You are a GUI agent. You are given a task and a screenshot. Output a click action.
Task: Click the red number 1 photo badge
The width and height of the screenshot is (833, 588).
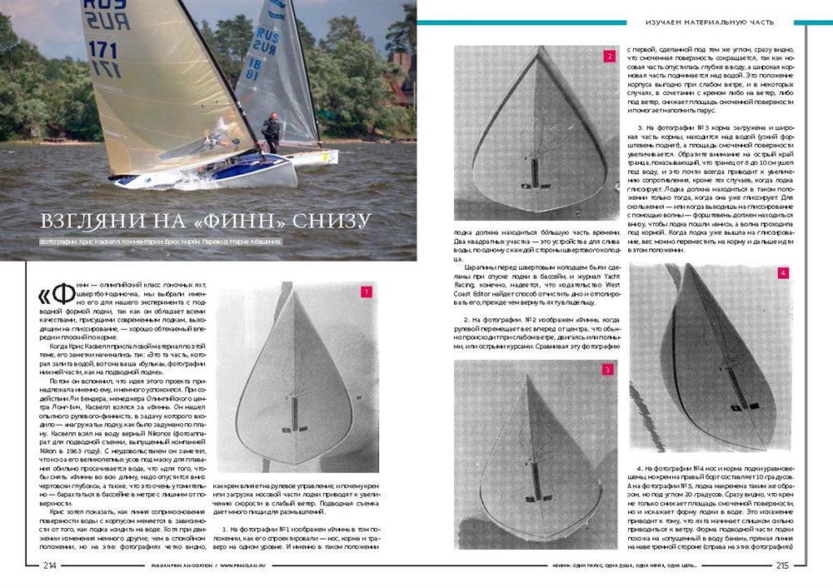[x=365, y=292]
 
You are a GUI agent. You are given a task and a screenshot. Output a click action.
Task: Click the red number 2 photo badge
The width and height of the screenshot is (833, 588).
[x=610, y=57]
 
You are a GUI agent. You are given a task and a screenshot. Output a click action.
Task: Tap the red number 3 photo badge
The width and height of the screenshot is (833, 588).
[x=608, y=369]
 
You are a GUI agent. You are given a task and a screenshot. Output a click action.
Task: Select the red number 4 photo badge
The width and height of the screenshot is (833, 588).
[x=783, y=273]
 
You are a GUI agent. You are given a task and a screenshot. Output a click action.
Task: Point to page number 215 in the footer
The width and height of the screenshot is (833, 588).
[x=781, y=566]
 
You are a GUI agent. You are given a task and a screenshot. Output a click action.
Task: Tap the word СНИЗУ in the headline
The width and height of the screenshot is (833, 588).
[x=328, y=222]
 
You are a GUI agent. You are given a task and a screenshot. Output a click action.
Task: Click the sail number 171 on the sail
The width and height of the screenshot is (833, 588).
[x=102, y=49]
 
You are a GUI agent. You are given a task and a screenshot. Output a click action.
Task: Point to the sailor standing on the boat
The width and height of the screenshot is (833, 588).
[x=271, y=133]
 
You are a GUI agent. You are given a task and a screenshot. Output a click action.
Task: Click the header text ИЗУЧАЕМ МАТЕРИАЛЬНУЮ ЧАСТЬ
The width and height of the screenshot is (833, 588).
[x=711, y=22]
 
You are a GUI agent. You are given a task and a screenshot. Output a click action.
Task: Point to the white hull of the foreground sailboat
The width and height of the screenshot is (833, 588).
[x=225, y=174]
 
